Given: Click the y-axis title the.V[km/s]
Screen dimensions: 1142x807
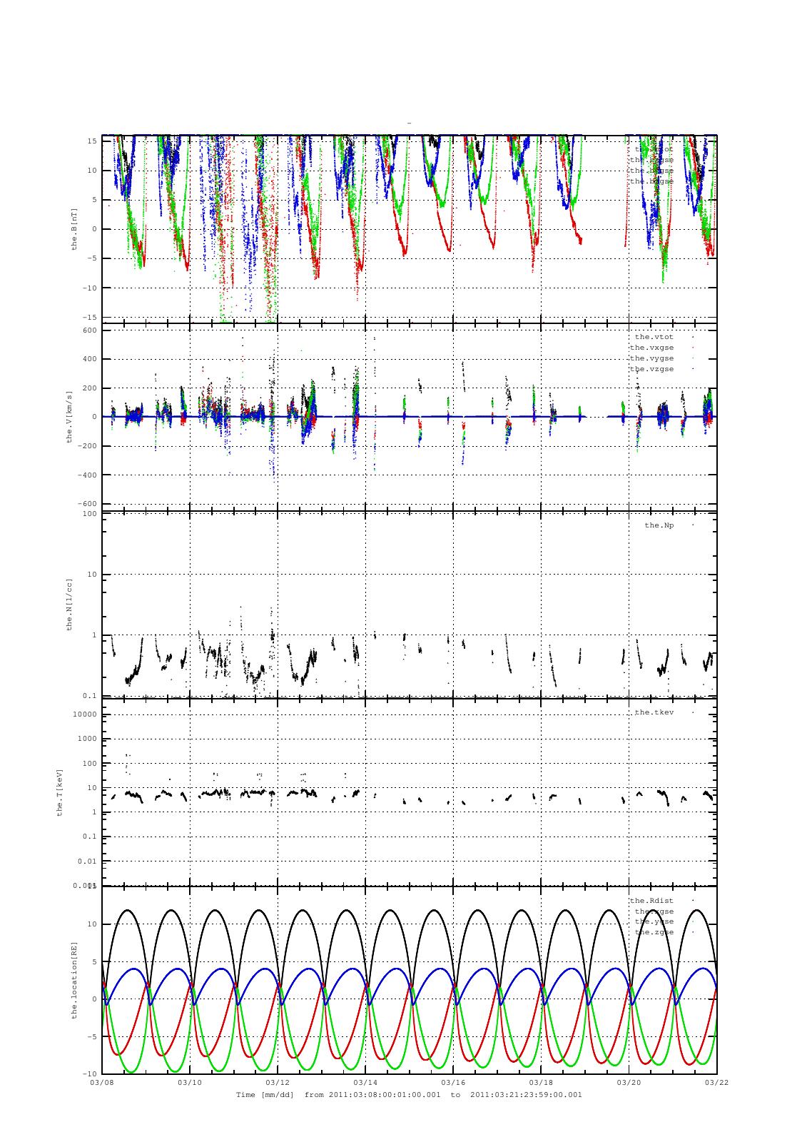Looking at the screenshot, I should (69, 417).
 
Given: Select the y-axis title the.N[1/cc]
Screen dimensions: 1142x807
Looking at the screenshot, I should (69, 605).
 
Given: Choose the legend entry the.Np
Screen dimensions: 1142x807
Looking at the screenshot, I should (659, 525).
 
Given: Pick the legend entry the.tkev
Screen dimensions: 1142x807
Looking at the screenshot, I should (654, 712).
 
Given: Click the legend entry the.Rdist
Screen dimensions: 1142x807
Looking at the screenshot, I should (651, 901).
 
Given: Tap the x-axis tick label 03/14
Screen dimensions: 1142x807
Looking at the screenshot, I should (365, 1083).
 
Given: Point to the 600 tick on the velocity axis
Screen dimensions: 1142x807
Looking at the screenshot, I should (89, 330).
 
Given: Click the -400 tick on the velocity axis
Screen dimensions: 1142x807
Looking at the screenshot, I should (87, 475).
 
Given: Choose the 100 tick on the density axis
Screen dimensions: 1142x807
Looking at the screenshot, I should (89, 514).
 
